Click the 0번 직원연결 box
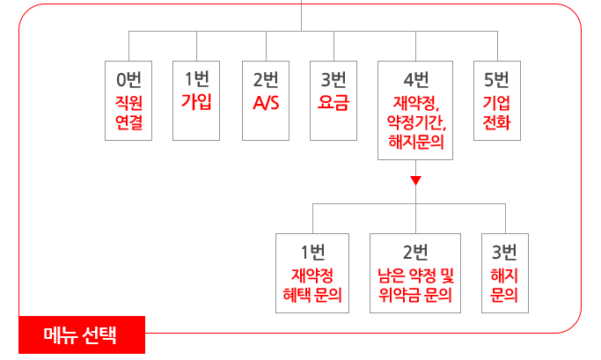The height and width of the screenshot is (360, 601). [x=128, y=100]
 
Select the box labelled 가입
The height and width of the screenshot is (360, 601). [x=196, y=100]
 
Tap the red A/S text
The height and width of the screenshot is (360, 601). [x=265, y=103]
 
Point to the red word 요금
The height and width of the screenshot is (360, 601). [x=333, y=102]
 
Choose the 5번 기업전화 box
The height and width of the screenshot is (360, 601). [x=496, y=100]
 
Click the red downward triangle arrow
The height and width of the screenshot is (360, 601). [x=416, y=182]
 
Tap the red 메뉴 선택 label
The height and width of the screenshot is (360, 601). [x=81, y=335]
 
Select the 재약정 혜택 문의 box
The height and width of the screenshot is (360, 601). [x=312, y=273]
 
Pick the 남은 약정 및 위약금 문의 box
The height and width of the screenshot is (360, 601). [x=415, y=273]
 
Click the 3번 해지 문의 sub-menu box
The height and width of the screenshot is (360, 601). [x=505, y=273]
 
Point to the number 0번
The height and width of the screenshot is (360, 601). [x=128, y=78]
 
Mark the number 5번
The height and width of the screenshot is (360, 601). [x=496, y=78]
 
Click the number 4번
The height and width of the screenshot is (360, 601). [x=415, y=78]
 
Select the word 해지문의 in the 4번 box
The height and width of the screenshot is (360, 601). [x=415, y=140]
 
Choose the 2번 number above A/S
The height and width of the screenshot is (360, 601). [x=265, y=78]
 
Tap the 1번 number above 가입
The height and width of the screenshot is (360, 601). [x=196, y=78]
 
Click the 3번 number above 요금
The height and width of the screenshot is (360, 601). [x=333, y=78]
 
